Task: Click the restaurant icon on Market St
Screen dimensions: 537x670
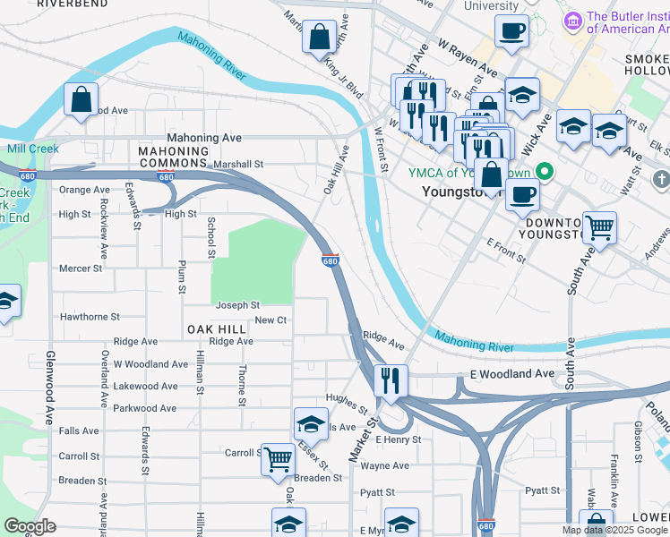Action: point(391,380)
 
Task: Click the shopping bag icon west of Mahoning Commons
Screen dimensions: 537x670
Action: point(81,100)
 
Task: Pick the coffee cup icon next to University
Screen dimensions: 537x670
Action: point(512,30)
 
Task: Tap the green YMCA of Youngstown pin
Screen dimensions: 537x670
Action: point(543,173)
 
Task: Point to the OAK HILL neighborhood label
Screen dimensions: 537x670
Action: point(217,329)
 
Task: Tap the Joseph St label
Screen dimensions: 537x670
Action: point(237,305)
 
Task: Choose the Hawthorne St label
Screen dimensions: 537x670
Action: point(90,317)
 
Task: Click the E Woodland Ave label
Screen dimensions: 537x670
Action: point(495,373)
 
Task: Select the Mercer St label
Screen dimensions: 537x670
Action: point(81,268)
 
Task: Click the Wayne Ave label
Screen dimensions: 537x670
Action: point(384,465)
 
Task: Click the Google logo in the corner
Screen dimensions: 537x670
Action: point(29,526)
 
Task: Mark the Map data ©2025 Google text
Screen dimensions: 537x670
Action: point(614,530)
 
